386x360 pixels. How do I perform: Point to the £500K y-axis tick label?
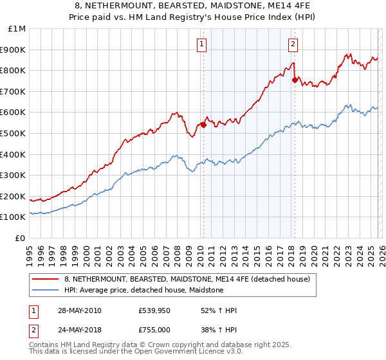tap(14, 133)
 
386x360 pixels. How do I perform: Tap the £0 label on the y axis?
tap(21, 238)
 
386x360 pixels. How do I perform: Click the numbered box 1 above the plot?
tap(202, 44)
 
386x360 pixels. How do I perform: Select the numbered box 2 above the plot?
tap(293, 44)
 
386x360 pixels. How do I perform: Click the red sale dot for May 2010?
tap(203, 125)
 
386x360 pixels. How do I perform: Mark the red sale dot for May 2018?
tap(295, 80)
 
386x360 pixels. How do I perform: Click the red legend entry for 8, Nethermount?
tap(187, 279)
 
